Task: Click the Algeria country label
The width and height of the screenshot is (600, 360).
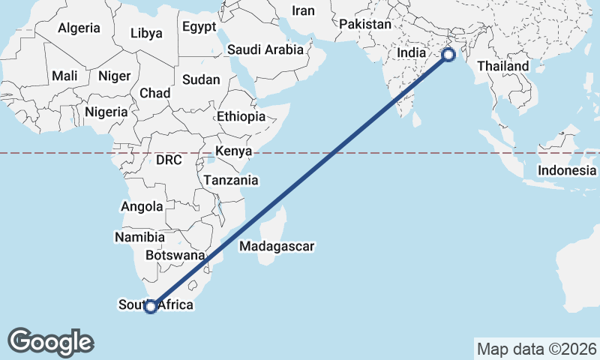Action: point(79,28)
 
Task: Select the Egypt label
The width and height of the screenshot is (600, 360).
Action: point(199,27)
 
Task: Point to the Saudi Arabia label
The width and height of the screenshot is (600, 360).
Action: point(265,50)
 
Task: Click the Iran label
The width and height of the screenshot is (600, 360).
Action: point(303,10)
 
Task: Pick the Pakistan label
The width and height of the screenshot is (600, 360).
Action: point(365,24)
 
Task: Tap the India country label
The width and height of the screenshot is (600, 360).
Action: point(411,53)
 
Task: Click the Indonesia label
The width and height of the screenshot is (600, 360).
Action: point(566,170)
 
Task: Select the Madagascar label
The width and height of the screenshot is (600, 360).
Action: point(277,246)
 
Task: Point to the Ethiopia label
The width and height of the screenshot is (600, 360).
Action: point(241,117)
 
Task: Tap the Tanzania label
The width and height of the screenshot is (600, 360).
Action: point(231,181)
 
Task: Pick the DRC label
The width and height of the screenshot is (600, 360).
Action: point(169,160)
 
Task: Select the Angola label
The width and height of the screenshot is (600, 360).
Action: point(142,206)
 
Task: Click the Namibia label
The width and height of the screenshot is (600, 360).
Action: point(135,237)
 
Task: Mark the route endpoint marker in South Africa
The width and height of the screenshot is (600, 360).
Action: point(151,306)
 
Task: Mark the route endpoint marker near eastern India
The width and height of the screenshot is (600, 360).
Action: point(448,54)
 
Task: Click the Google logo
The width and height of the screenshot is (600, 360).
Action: point(50,342)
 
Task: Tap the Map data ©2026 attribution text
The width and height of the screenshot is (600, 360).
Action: point(536,349)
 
